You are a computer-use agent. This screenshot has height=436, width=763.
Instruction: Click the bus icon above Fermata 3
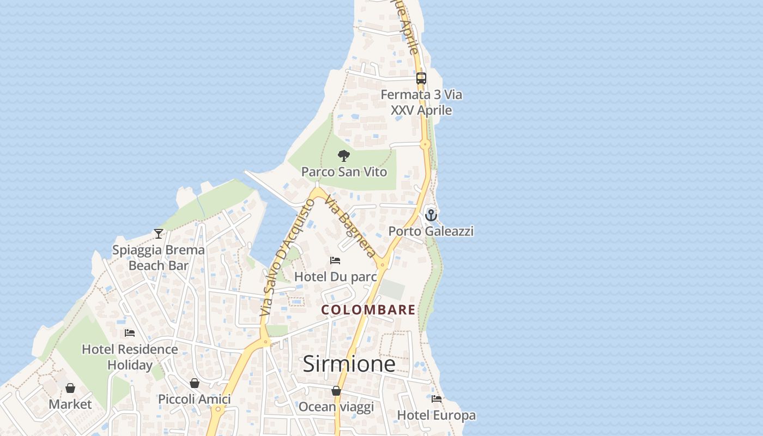[x=421, y=78]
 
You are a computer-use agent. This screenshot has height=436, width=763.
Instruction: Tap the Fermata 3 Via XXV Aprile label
[x=421, y=102]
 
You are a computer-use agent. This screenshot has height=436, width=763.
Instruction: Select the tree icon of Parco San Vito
[x=343, y=156]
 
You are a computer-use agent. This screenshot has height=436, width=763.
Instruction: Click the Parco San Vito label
[x=344, y=172]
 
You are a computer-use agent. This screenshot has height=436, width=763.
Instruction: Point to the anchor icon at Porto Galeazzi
[x=431, y=215]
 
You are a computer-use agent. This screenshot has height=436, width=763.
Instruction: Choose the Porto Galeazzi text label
[x=431, y=231]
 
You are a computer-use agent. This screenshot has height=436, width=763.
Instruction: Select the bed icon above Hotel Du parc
[x=335, y=261]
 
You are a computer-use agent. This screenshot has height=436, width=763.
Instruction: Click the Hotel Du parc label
[x=335, y=277]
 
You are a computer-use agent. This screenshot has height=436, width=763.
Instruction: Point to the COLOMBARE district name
[x=368, y=310]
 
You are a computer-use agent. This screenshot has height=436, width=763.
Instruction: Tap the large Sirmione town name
[x=349, y=364]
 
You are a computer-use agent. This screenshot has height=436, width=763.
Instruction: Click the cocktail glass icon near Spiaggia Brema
[x=159, y=234]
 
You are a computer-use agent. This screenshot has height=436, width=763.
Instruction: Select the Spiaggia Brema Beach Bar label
[x=159, y=258]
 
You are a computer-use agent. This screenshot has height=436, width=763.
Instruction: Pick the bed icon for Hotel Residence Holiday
[x=130, y=333]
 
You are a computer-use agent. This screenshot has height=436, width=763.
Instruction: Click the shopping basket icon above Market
[x=70, y=388]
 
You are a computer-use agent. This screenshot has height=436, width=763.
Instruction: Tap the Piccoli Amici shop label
[x=195, y=399]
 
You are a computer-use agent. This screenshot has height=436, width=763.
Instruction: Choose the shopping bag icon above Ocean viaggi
[x=336, y=391]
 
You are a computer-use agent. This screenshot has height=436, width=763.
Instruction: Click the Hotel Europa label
[x=436, y=415]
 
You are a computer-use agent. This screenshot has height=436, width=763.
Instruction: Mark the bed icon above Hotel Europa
[x=436, y=399]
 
